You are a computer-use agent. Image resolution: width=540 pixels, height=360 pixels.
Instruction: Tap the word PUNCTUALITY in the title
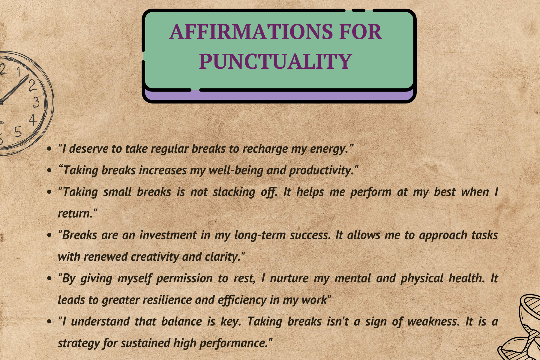(275, 61)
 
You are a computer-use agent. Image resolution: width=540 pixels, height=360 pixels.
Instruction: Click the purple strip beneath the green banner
(279, 95)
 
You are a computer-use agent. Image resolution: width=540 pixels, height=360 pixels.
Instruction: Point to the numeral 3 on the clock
(36, 102)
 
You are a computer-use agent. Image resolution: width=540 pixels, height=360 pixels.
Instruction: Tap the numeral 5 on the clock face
(18, 131)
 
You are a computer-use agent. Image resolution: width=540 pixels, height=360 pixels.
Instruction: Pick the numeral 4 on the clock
(33, 120)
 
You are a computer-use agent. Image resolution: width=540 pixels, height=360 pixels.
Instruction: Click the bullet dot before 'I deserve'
(50, 149)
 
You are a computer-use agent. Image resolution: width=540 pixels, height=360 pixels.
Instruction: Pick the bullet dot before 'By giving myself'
(50, 279)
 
